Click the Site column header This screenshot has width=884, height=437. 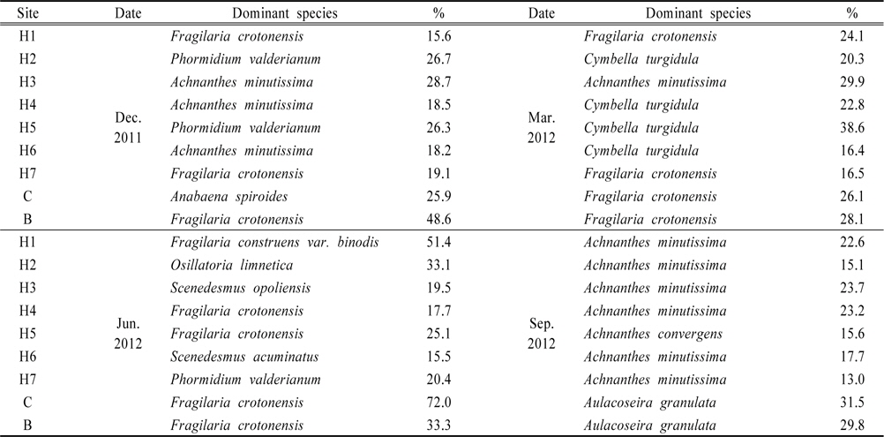point(28,14)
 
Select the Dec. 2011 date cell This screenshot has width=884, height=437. point(128,128)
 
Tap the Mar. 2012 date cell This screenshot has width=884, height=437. point(541,128)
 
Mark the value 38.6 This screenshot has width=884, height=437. point(850,128)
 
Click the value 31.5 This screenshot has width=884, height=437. point(850,403)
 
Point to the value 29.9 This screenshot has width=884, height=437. point(850,82)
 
